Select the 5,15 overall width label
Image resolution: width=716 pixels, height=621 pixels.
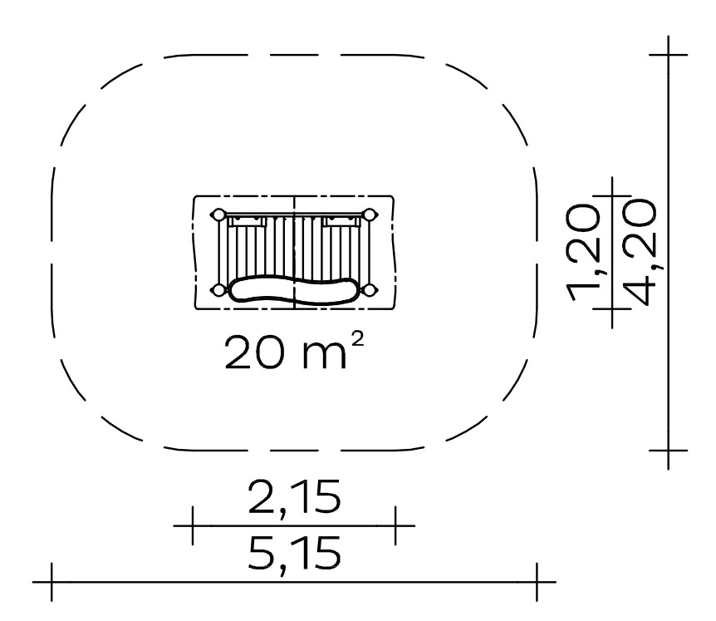[295, 554]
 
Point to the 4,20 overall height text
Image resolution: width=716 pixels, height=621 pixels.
[642, 252]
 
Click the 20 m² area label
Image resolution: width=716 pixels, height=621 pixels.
[294, 351]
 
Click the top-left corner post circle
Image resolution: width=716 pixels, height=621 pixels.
[218, 214]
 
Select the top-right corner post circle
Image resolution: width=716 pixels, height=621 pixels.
[370, 214]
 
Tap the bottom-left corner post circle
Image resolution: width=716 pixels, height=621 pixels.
[218, 290]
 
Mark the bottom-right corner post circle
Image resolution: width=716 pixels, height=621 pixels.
[370, 290]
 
